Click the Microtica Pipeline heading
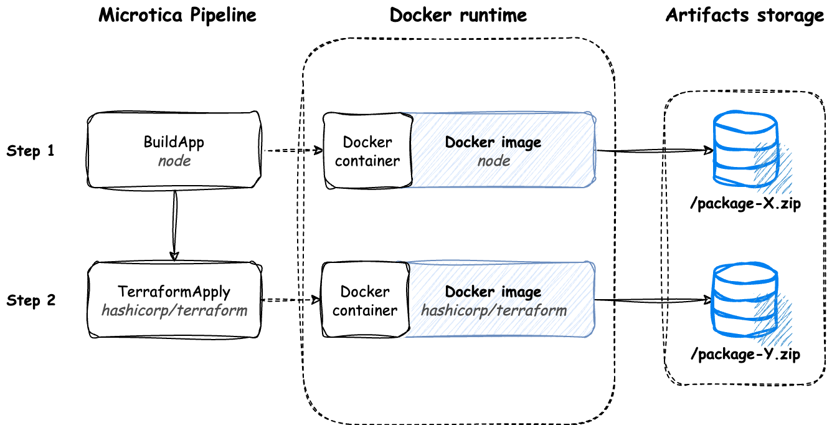tap(177, 16)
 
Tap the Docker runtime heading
tap(458, 16)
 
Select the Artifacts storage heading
tap(745, 16)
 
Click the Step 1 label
tap(31, 151)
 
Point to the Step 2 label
tap(31, 300)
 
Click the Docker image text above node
tap(493, 143)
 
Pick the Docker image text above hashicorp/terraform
tap(493, 292)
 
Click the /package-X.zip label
tap(745, 204)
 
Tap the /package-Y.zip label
tap(745, 354)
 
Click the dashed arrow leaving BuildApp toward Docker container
tap(293, 151)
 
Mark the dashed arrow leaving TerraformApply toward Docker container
tap(291, 300)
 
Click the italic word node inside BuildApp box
tap(174, 161)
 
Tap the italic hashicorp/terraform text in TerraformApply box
tap(174, 310)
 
